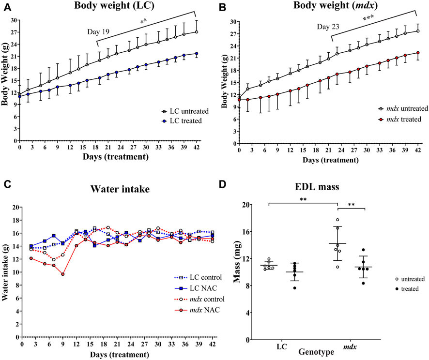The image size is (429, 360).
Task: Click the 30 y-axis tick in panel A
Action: click(14, 20)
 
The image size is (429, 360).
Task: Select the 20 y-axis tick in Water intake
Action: click(16, 207)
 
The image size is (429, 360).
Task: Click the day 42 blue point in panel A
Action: click(197, 53)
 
